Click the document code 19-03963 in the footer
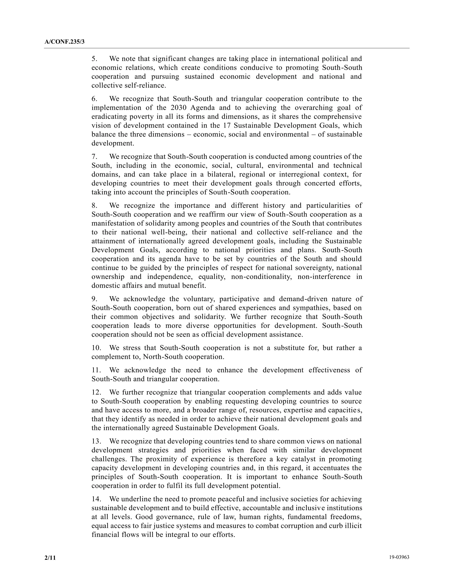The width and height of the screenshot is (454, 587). (x=399, y=557)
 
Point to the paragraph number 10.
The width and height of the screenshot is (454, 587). (x=96, y=348)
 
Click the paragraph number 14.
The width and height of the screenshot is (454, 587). (x=96, y=499)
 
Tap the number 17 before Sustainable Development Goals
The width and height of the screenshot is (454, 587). (x=227, y=126)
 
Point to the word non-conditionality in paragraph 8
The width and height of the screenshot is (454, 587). (x=261, y=277)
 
